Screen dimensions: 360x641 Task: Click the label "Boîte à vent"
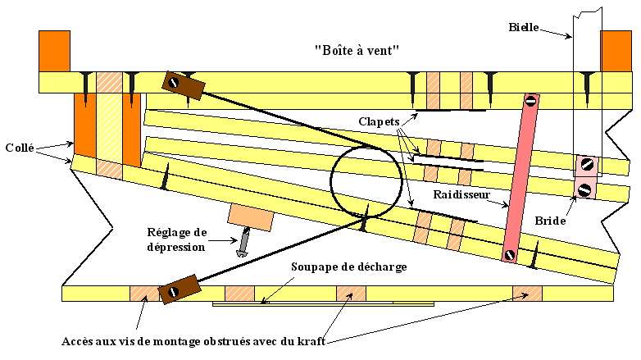(357, 49)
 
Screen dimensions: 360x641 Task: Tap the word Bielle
(523, 27)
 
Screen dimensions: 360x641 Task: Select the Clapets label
(383, 121)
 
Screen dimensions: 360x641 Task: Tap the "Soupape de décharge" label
(349, 267)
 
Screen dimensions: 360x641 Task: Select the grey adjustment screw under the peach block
(243, 244)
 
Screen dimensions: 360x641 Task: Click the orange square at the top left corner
(55, 51)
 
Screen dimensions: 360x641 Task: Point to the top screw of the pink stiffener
(530, 101)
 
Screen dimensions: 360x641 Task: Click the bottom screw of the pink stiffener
(510, 254)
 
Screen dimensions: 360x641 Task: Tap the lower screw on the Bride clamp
(584, 189)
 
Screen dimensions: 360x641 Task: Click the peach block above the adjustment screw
(249, 216)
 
